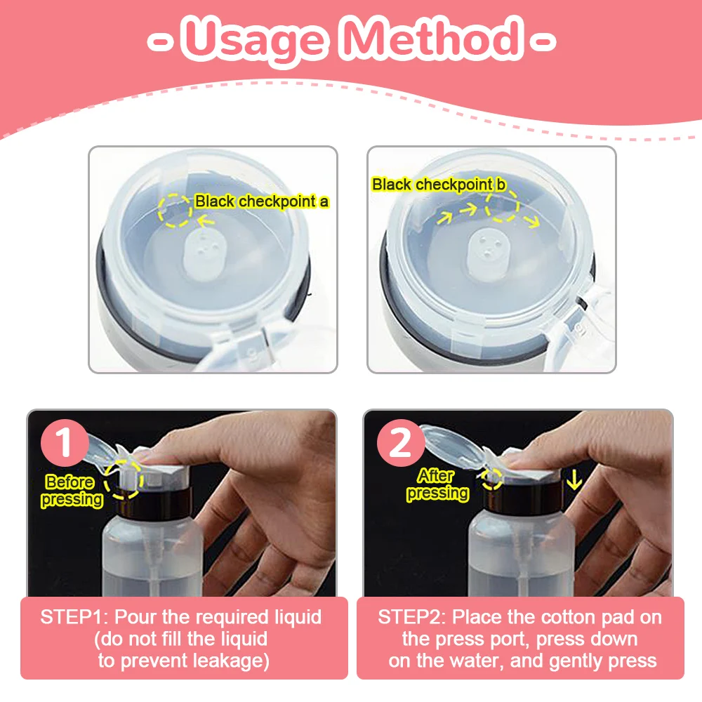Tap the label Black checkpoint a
coord(262,201)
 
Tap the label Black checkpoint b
coord(439,185)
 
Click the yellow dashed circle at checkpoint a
coord(175,208)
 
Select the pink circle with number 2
coord(400,444)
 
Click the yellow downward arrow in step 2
coord(575,480)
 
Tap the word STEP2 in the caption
coord(411,618)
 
